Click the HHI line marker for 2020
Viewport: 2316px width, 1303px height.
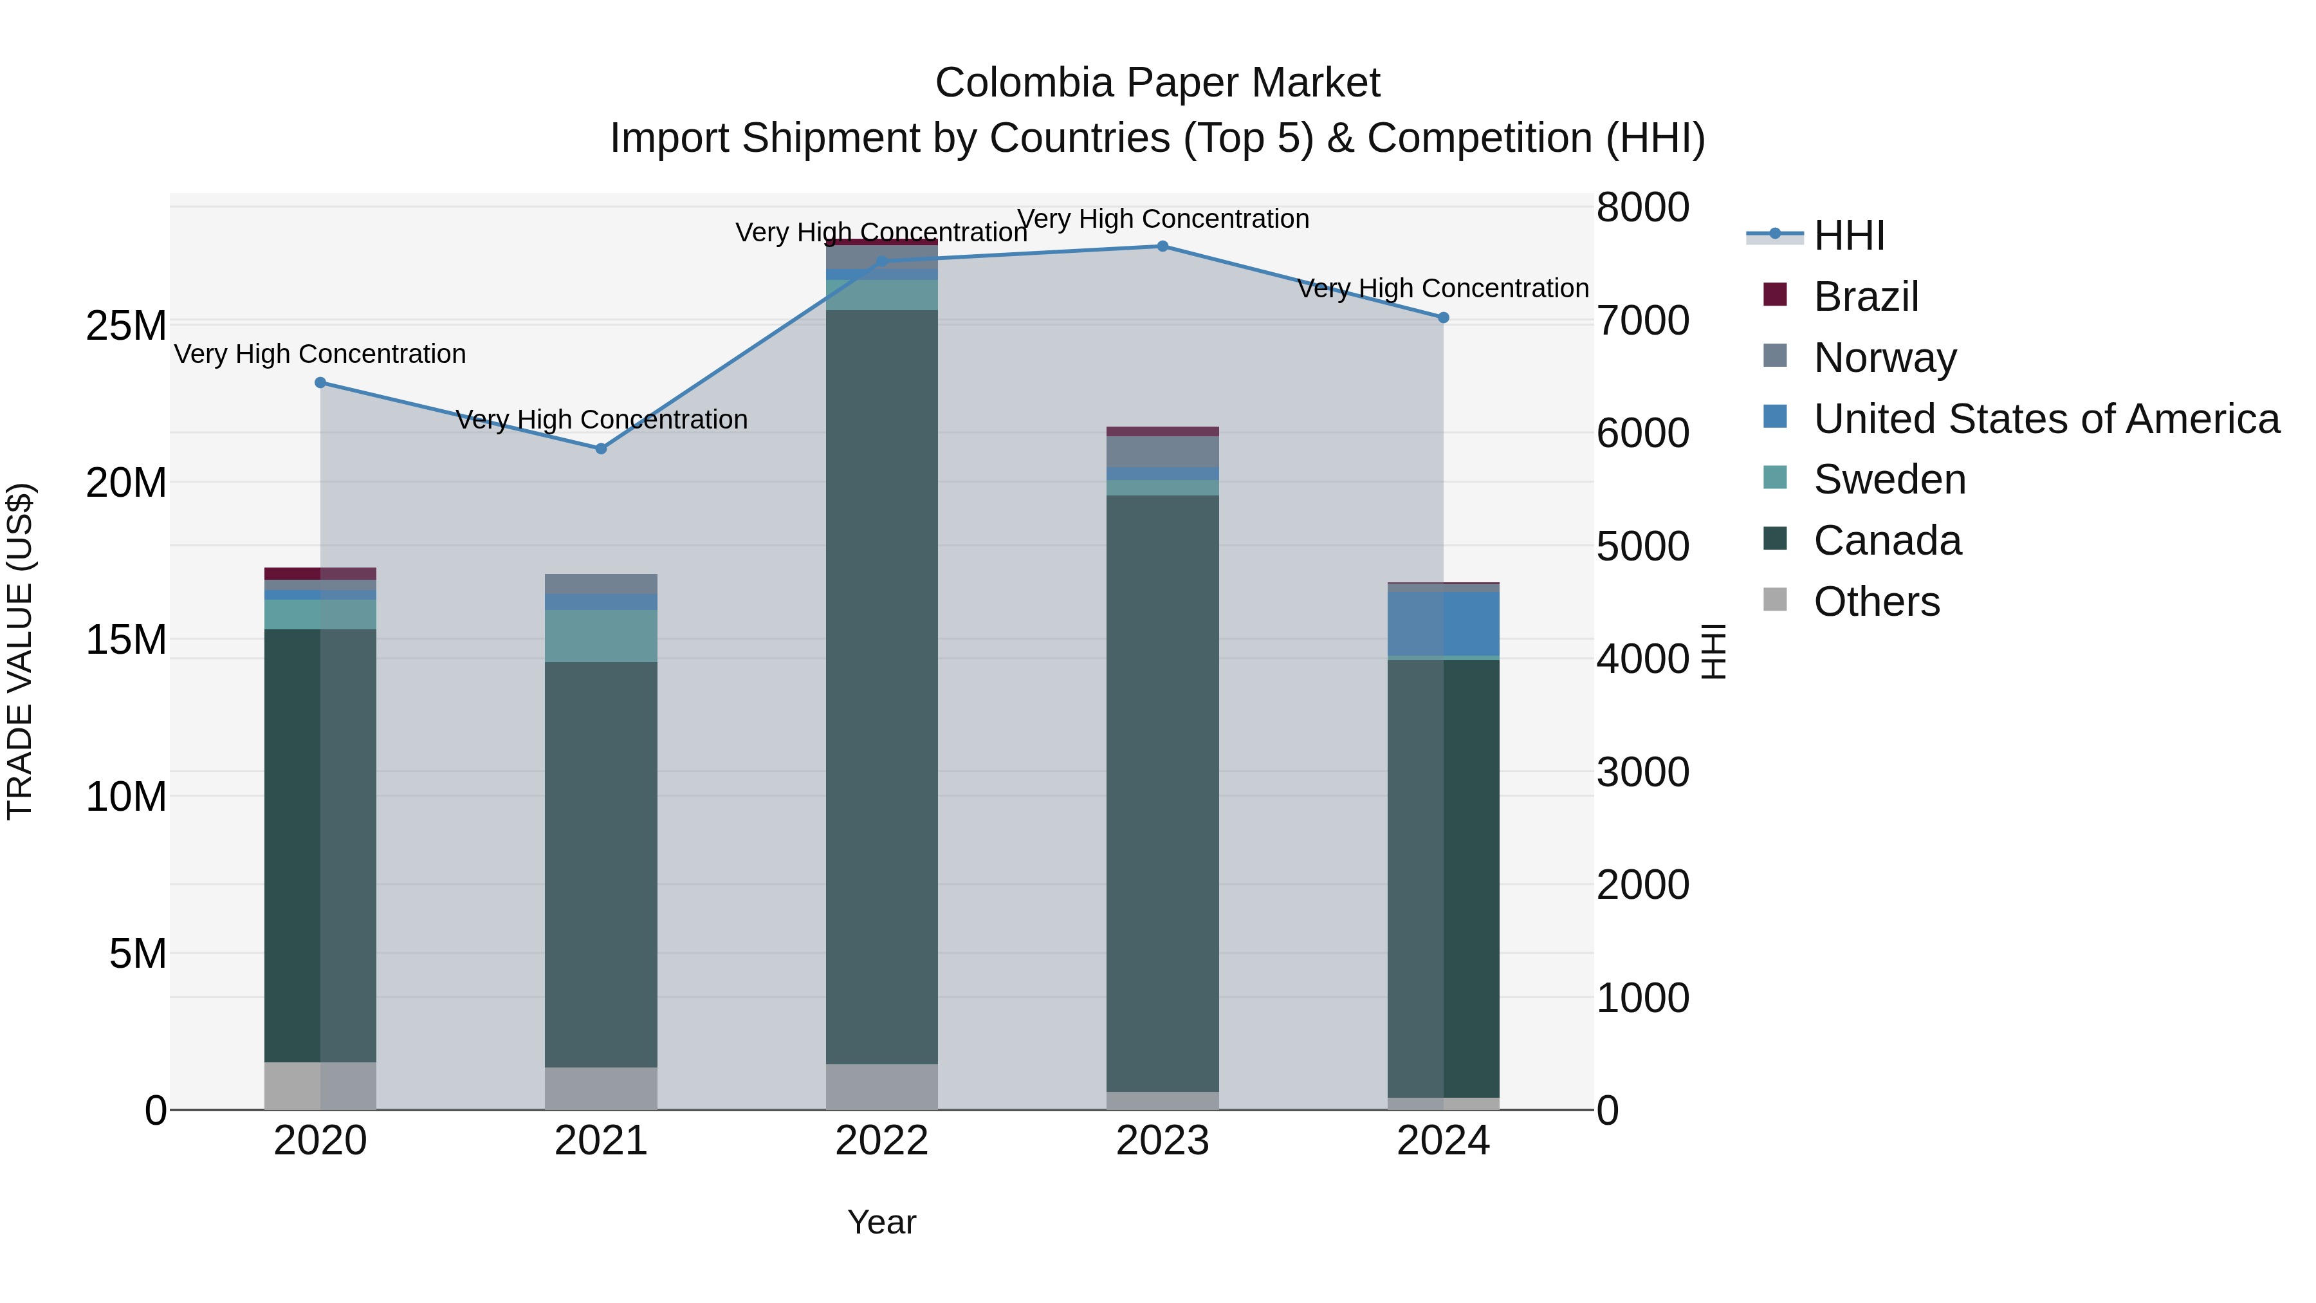coord(320,383)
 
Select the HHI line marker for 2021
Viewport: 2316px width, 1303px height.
coord(602,448)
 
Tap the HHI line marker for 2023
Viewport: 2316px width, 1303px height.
coord(1163,246)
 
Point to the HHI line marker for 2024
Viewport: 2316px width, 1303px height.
coord(1443,317)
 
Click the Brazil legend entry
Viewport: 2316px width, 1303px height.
coord(1866,297)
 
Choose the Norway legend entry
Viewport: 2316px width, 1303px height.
coord(1884,358)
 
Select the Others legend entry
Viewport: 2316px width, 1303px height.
coord(1877,602)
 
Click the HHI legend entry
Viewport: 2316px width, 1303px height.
coord(1848,236)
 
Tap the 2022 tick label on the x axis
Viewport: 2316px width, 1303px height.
coord(881,1141)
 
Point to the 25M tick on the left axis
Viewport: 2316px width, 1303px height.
coord(126,326)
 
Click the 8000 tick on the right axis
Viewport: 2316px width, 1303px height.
coord(1642,208)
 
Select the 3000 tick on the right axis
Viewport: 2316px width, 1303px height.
coord(1642,772)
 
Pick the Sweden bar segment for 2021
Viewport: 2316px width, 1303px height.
coord(602,636)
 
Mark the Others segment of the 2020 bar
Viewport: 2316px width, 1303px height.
coord(320,1086)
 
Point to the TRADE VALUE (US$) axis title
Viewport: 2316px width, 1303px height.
coord(20,651)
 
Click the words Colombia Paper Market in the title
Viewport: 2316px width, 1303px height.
coord(1157,83)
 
